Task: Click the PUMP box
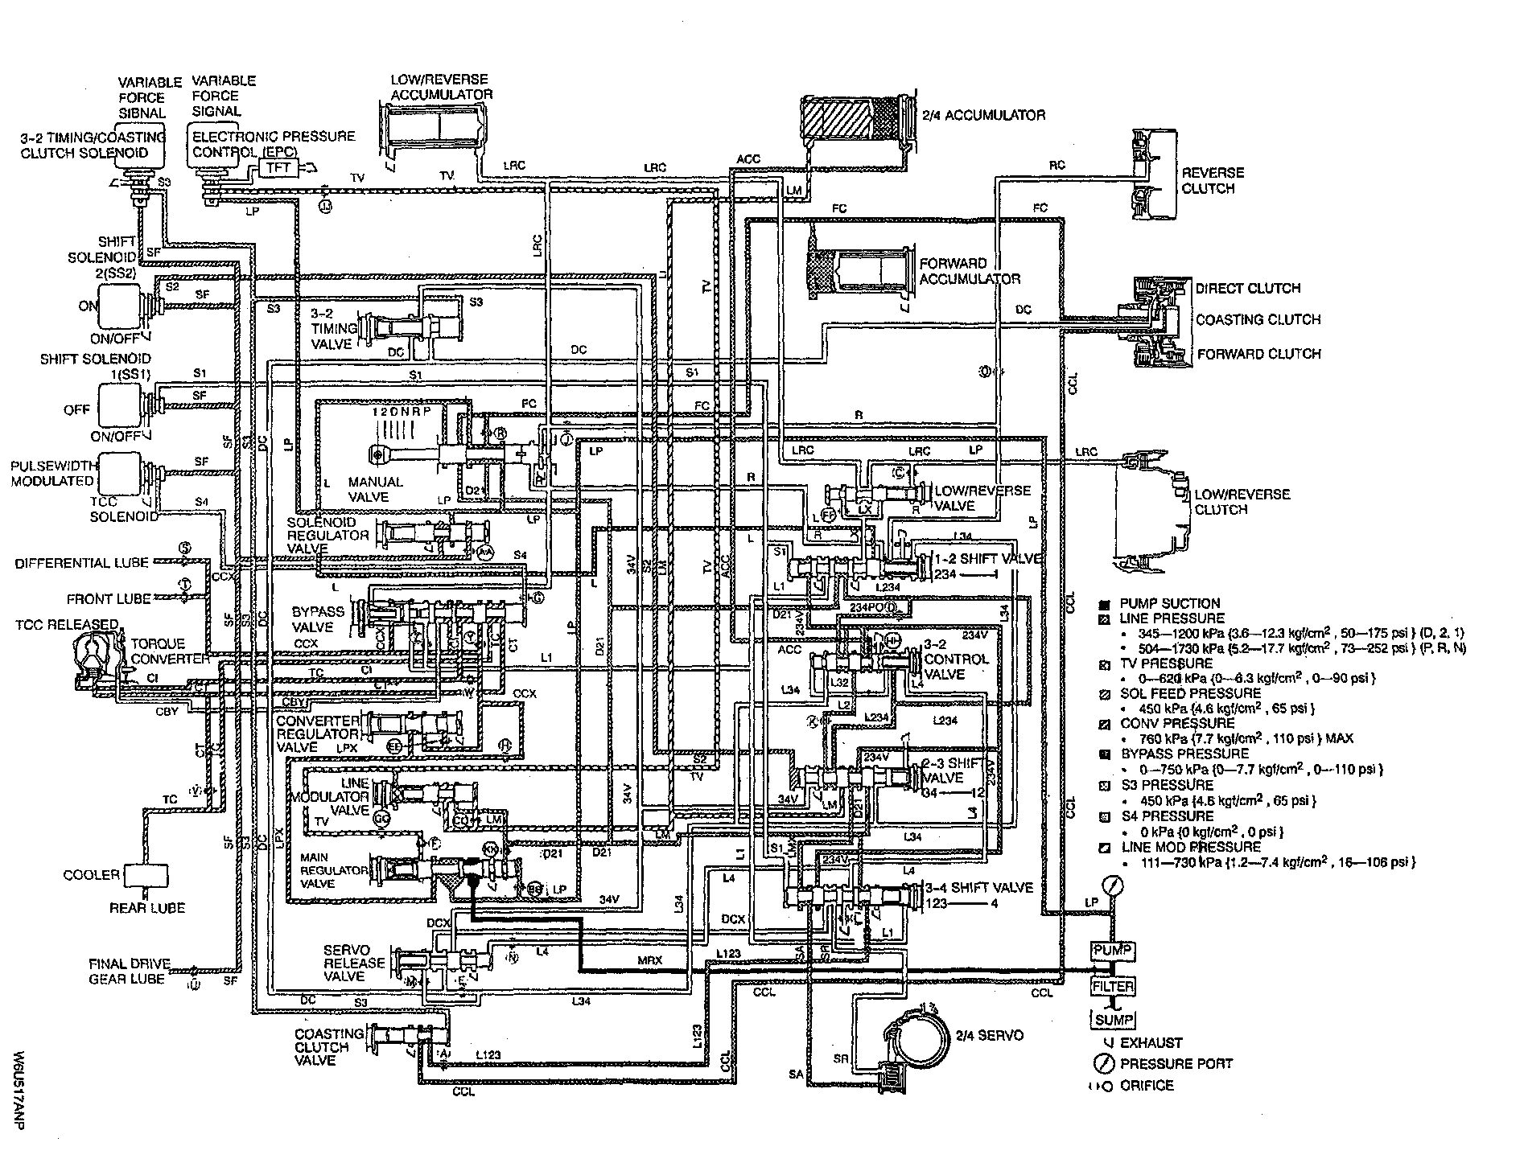1112,951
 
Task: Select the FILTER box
1113,986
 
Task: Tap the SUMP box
1113,1020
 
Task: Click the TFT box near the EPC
277,166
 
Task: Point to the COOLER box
146,875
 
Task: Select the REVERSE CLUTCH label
1212,180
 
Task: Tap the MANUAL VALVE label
375,489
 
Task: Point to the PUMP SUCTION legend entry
1169,603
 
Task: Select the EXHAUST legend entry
1150,1043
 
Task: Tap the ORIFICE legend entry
1146,1086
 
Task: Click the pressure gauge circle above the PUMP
1113,888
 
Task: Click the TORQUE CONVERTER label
169,651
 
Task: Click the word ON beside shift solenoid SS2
88,306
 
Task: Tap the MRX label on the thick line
649,959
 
